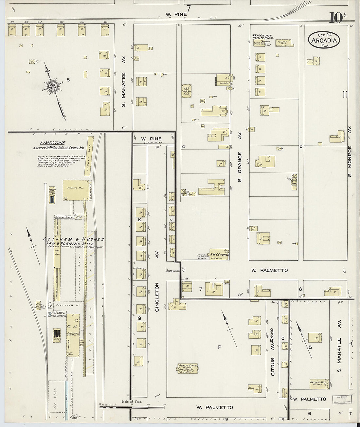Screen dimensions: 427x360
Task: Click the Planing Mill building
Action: point(75,190)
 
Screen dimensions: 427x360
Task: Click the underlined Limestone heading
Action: point(52,143)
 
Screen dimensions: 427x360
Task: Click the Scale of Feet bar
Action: point(132,407)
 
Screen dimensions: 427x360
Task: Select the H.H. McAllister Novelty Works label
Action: point(262,37)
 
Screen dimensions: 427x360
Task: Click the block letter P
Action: point(220,346)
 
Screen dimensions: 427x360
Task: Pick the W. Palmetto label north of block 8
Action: point(269,270)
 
